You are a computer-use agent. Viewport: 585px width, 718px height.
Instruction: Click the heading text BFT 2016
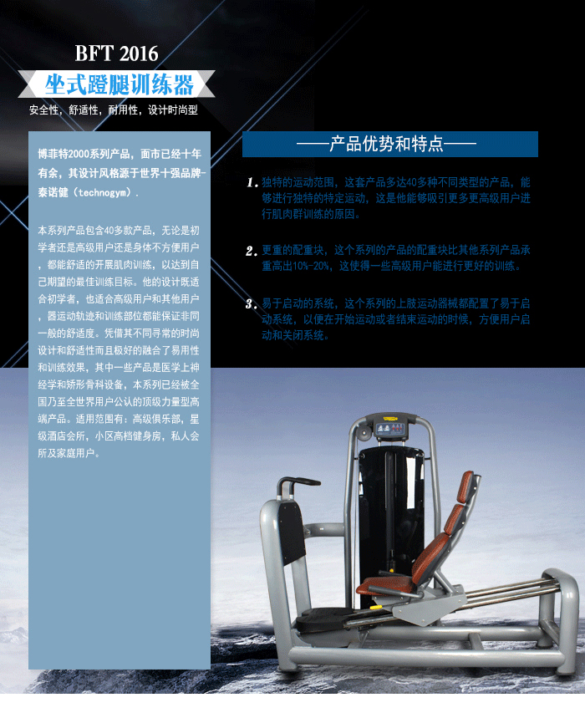[116, 54]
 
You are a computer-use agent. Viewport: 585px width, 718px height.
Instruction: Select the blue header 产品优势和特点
[389, 145]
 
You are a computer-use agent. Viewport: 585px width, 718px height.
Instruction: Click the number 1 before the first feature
[252, 182]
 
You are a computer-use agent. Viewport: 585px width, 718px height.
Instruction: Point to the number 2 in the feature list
[251, 251]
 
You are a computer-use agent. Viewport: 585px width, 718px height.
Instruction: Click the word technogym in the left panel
[102, 192]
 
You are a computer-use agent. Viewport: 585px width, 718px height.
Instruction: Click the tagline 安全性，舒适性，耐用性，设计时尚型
[114, 110]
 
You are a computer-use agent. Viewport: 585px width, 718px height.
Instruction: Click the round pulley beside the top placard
[362, 433]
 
